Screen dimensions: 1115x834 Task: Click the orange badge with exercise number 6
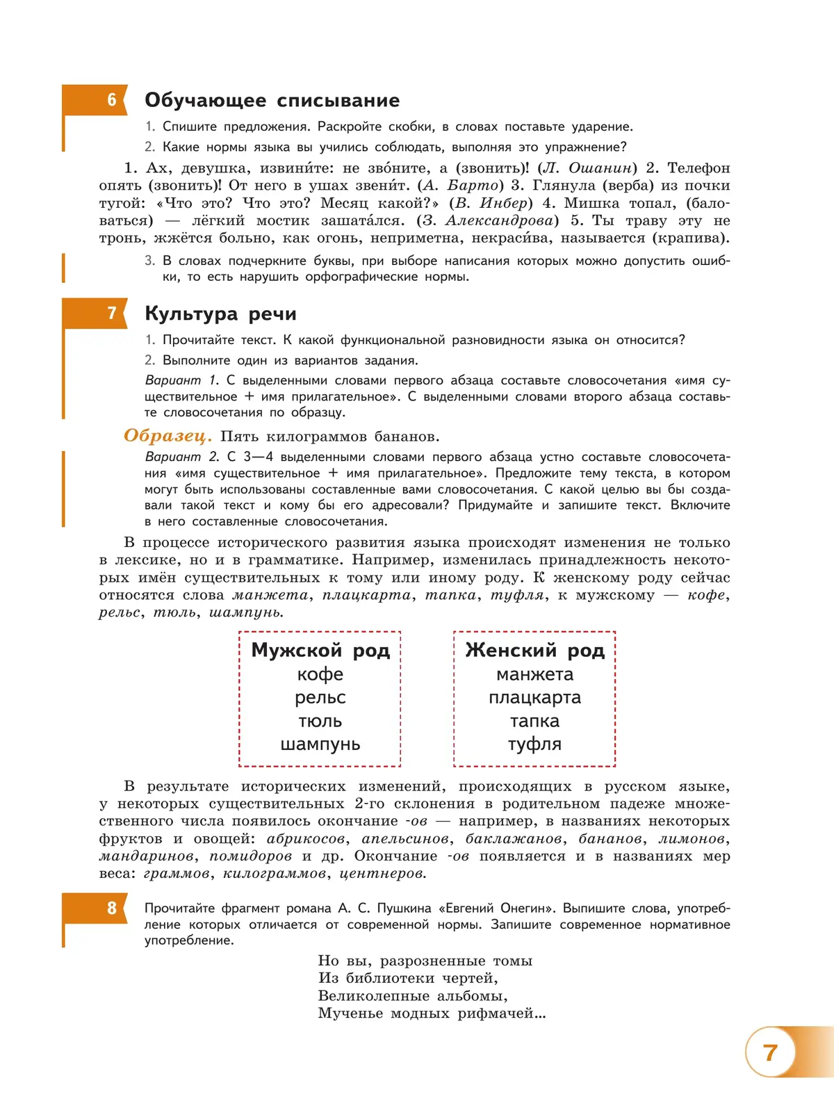[x=111, y=100]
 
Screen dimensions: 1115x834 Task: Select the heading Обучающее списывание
[x=272, y=101]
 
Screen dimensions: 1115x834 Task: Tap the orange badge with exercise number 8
[x=111, y=908]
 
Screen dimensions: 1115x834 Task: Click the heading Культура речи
[x=220, y=314]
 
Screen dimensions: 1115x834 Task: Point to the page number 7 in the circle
[x=770, y=1052]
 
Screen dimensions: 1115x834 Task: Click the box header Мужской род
[x=320, y=651]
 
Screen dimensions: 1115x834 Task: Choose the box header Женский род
[x=534, y=651]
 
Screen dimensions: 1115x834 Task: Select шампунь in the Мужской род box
[x=320, y=744]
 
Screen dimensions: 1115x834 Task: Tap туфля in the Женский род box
[x=534, y=744]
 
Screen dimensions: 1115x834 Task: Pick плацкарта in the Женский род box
[x=534, y=698]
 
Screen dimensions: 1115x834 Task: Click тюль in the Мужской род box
[x=320, y=722]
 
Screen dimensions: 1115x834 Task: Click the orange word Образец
[x=167, y=437]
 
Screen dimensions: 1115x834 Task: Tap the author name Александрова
[x=498, y=221]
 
